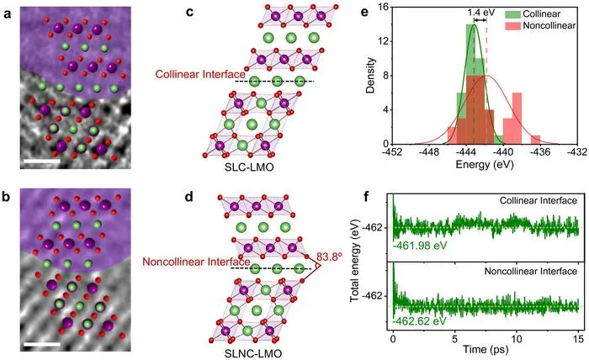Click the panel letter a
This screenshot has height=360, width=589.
pyautogui.click(x=7, y=14)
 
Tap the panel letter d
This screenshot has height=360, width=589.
pyautogui.click(x=189, y=197)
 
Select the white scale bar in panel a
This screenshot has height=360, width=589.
pyautogui.click(x=42, y=161)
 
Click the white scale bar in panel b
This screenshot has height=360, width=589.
pyautogui.click(x=42, y=344)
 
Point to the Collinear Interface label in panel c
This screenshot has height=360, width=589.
pyautogui.click(x=200, y=74)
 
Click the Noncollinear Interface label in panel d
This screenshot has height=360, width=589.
pyautogui.click(x=196, y=262)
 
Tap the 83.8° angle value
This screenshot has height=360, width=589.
pyautogui.click(x=329, y=257)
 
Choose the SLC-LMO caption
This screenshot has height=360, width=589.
pyautogui.click(x=249, y=167)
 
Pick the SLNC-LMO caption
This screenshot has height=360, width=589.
pyautogui.click(x=252, y=353)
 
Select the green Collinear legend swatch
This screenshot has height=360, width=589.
pyautogui.click(x=512, y=14)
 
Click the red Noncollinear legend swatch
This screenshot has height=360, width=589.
pyautogui.click(x=512, y=26)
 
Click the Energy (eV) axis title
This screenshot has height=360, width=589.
pyautogui.click(x=484, y=164)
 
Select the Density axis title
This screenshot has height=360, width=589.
pyautogui.click(x=371, y=76)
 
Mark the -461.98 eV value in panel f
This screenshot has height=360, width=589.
pyautogui.click(x=420, y=246)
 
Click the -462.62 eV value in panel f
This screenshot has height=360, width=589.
pyautogui.click(x=419, y=322)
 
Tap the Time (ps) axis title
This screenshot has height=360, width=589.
pyautogui.click(x=486, y=350)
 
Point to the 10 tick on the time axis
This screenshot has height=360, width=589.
pyautogui.click(x=517, y=339)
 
